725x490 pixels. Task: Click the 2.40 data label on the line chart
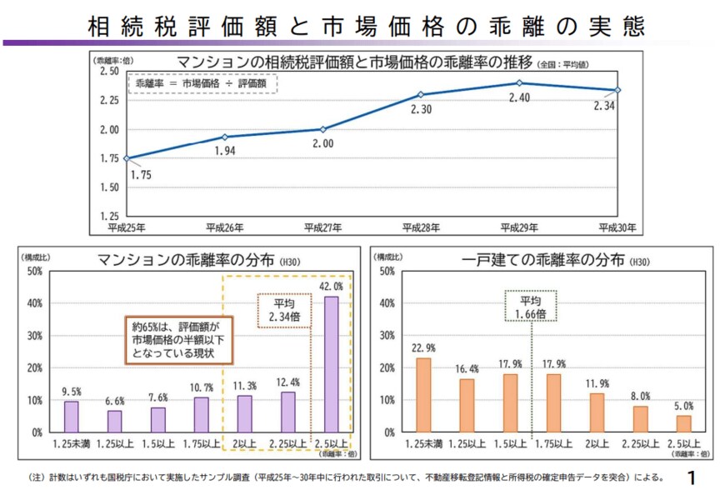[x=519, y=97]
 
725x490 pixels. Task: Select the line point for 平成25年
[x=126, y=158]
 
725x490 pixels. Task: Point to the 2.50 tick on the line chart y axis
[x=108, y=72]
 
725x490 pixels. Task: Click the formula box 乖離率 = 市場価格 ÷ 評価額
[x=202, y=83]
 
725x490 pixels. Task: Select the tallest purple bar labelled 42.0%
[x=331, y=364]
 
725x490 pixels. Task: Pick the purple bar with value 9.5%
[x=72, y=417]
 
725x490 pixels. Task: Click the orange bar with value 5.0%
[x=683, y=424]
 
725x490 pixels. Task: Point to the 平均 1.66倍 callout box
[x=532, y=306]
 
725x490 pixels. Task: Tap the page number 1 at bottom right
[x=692, y=477]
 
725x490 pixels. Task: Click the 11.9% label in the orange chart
[x=597, y=383]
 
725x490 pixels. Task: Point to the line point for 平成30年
[x=617, y=90]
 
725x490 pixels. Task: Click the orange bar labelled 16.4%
[x=467, y=406]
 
